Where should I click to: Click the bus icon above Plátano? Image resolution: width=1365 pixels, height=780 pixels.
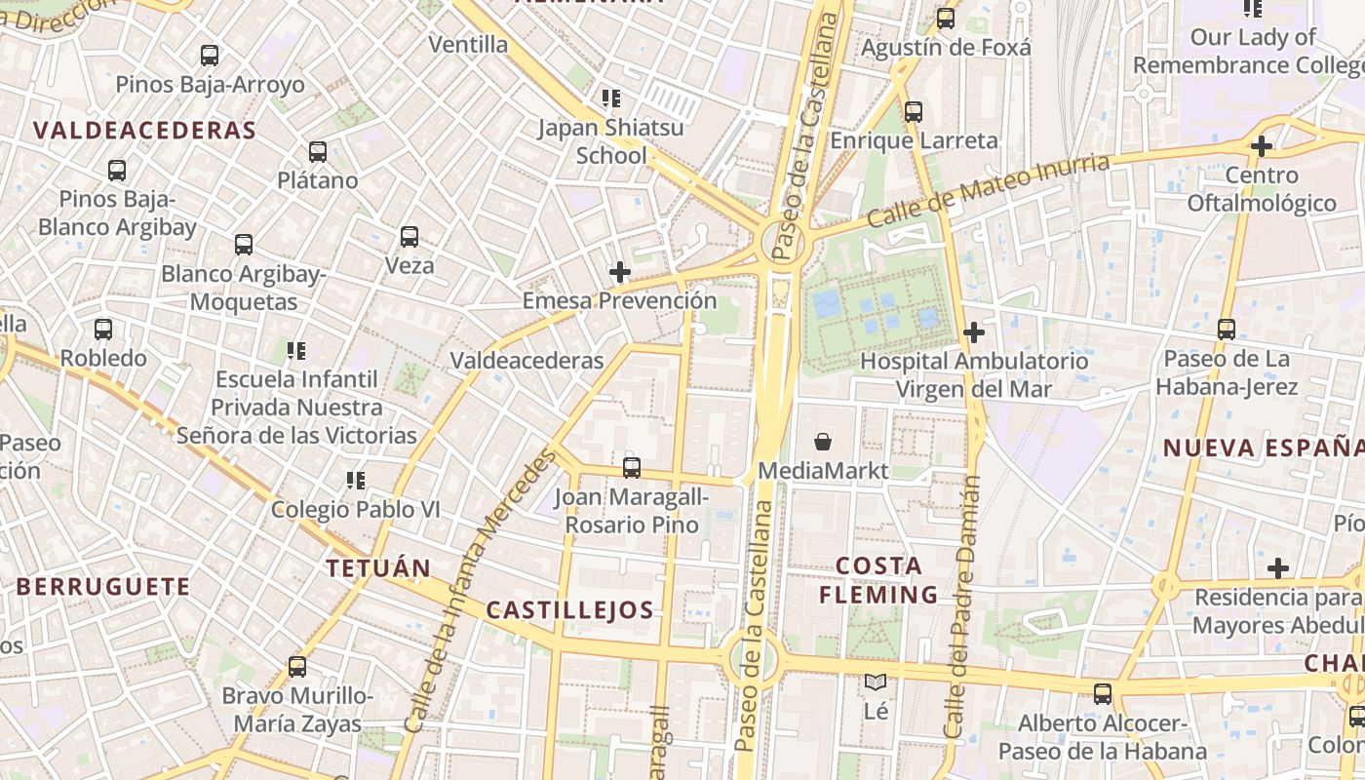318,152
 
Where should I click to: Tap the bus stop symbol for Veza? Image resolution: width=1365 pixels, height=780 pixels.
409,237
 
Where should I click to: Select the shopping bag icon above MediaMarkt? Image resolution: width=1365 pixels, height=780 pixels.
823,443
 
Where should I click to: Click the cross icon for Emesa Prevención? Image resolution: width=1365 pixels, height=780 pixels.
619,272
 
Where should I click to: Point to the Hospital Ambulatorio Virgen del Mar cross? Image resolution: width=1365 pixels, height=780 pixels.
973,332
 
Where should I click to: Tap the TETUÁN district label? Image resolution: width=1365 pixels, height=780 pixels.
378,568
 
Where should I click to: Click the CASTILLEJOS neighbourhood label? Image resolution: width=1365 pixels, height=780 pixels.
569,611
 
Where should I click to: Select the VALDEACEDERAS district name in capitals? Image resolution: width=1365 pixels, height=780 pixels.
144,131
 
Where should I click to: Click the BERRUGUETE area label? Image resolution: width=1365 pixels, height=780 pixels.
103,587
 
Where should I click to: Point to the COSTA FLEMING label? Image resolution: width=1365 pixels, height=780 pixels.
878,580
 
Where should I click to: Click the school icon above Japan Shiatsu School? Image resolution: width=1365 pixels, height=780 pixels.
611,98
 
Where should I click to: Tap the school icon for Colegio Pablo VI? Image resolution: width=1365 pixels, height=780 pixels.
356,480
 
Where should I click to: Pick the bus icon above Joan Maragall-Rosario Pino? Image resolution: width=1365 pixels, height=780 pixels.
632,468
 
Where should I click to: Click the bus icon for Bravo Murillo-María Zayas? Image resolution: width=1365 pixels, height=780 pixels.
297,668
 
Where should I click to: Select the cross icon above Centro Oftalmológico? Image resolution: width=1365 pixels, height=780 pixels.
1262,147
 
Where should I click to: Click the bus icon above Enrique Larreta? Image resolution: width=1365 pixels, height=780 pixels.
914,112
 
